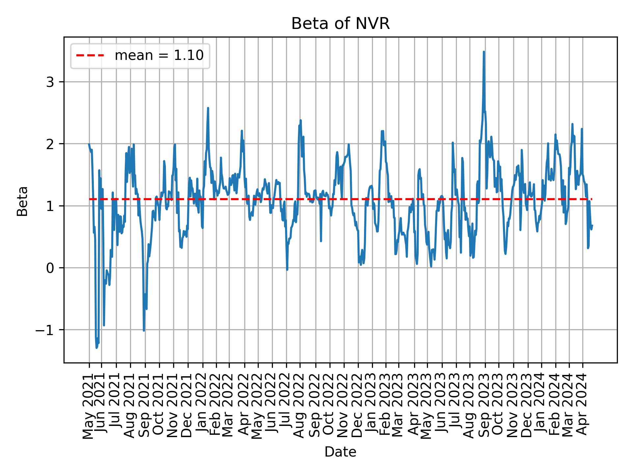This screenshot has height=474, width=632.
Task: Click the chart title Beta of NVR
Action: pos(340,24)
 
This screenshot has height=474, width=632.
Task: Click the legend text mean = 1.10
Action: pos(159,56)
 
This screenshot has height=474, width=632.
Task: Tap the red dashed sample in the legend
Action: pos(90,56)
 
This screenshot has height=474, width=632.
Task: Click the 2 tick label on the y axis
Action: pos(50,144)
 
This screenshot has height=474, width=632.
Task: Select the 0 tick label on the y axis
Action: pos(50,268)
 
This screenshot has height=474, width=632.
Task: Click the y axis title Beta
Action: pos(22,201)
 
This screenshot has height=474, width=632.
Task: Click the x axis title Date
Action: pos(340,452)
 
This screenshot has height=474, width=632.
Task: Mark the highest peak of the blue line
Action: pos(484,52)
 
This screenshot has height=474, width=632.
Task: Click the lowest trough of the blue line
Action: pos(96,348)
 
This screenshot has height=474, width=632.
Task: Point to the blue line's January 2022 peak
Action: pos(208,108)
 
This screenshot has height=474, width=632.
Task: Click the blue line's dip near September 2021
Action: pos(144,330)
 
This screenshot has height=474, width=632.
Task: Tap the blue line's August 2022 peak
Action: pos(301,120)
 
